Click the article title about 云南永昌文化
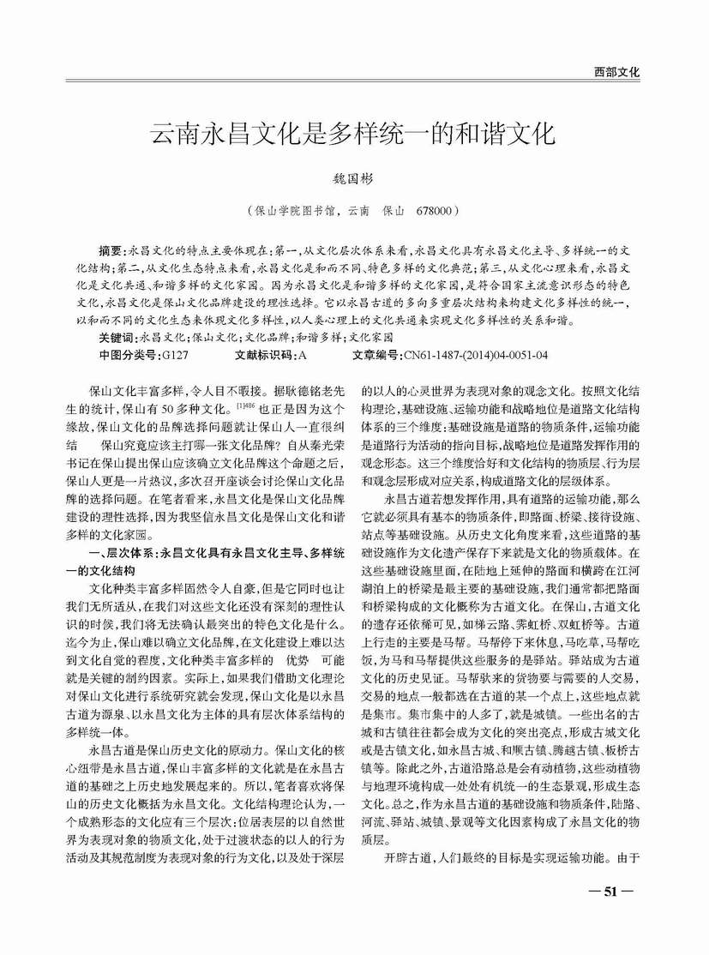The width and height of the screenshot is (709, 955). (353, 135)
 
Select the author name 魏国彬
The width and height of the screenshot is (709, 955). (353, 181)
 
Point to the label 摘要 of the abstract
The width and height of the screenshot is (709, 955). (111, 251)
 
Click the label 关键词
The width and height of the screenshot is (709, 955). (117, 338)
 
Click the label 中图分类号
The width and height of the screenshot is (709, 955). (129, 354)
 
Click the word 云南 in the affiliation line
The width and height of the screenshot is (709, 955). (356, 209)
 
